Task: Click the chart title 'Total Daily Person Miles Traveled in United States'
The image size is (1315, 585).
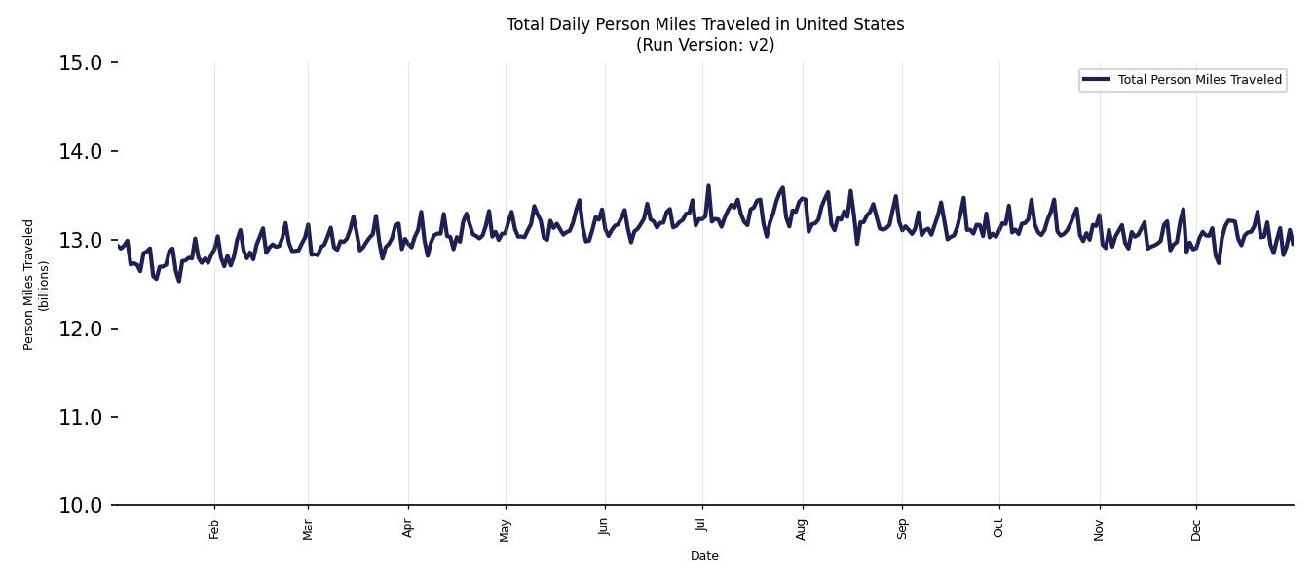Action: coord(705,24)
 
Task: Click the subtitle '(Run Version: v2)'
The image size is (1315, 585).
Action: coord(705,45)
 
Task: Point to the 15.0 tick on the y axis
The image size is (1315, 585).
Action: coord(81,63)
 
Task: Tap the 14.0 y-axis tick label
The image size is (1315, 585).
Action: coord(81,151)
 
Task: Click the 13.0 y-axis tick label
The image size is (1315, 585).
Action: coord(81,240)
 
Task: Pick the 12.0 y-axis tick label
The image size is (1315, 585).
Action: coord(81,329)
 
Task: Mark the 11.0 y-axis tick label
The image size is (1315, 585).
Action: coord(81,417)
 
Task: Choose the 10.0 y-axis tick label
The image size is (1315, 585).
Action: coord(81,505)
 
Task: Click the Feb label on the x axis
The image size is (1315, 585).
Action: coord(214,528)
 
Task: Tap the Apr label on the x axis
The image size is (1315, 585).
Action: coord(408,528)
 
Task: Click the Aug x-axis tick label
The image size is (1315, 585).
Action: coord(803,528)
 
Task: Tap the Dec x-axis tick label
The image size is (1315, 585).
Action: coord(1196,528)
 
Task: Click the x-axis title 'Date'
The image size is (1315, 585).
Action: coord(704,556)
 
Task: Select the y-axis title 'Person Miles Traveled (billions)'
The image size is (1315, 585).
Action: coord(36,284)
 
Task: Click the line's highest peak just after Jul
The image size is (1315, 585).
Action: coord(708,185)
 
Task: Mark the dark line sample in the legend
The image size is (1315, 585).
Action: coord(1097,80)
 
